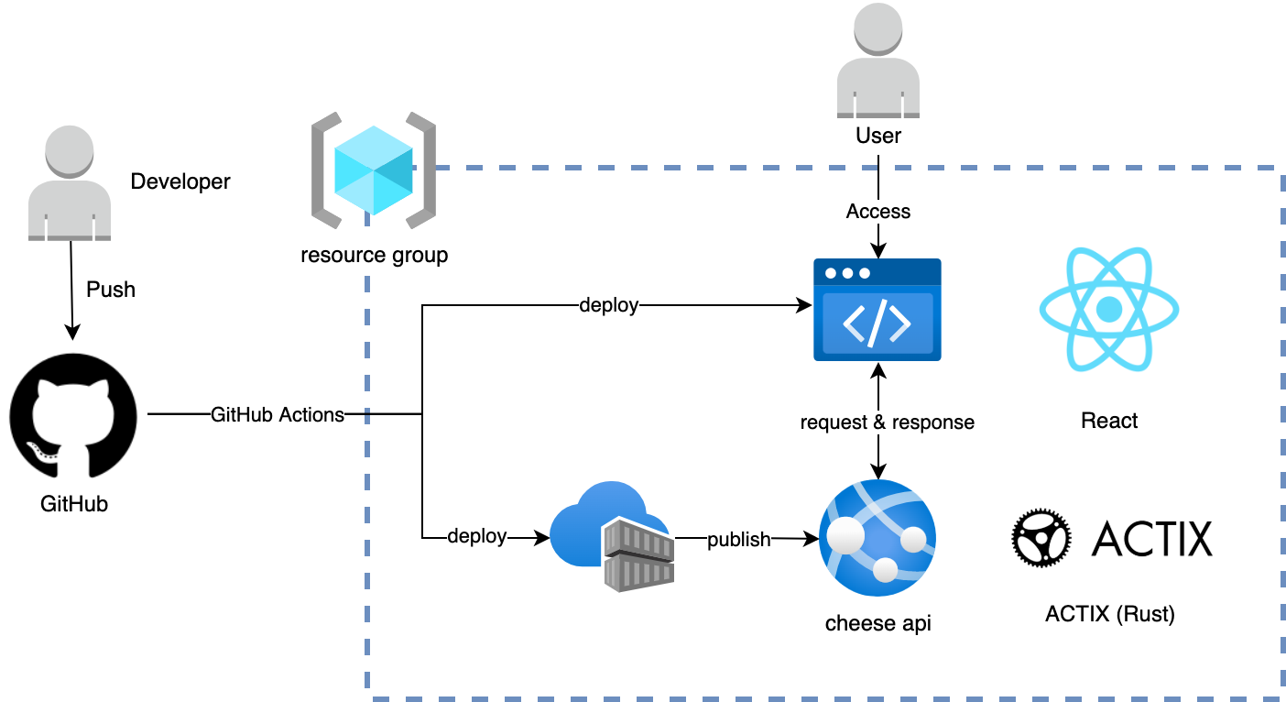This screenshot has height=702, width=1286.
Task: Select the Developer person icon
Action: (x=70, y=184)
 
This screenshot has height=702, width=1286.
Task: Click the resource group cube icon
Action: (x=374, y=170)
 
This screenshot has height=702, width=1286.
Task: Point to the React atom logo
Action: (x=1108, y=310)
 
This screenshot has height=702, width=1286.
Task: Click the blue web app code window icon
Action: (x=877, y=310)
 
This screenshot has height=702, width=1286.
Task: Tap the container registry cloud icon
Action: (x=612, y=535)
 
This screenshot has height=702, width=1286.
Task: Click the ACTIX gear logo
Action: (x=1041, y=539)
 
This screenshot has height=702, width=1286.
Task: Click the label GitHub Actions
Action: (x=278, y=414)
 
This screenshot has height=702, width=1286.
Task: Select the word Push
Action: (x=111, y=290)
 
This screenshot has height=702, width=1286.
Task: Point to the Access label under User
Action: (x=878, y=212)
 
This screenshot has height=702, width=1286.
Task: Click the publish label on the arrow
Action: (x=739, y=539)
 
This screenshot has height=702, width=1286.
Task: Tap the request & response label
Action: (x=887, y=422)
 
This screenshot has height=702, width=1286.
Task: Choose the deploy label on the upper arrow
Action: (x=608, y=305)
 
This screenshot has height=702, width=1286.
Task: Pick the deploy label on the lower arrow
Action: (x=476, y=536)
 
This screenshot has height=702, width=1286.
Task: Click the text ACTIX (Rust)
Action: (x=1109, y=614)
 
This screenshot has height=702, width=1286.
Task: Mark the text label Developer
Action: (x=180, y=181)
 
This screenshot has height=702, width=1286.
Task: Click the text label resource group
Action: (x=374, y=255)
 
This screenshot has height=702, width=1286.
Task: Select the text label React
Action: (x=1109, y=421)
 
